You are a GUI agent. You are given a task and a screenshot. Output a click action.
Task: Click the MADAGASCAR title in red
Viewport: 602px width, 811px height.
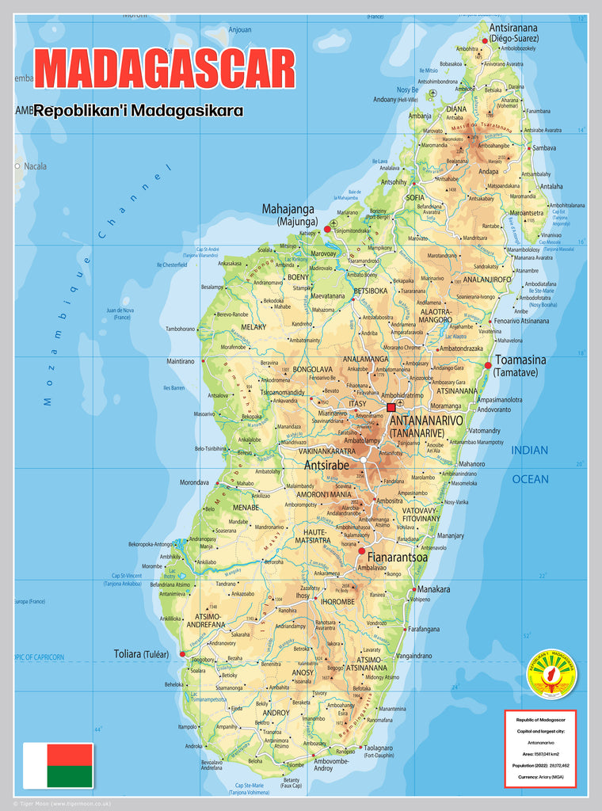[165, 69]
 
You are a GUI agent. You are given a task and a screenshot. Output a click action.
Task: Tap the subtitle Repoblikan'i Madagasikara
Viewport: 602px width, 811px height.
[139, 111]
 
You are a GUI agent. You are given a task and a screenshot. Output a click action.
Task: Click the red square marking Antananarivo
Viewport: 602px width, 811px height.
[391, 408]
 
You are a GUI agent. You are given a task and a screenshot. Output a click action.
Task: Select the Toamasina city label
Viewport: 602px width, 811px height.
[520, 360]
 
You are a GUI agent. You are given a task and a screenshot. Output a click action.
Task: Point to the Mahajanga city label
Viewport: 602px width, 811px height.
[289, 210]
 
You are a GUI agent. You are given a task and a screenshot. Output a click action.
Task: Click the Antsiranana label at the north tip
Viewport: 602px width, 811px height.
[513, 27]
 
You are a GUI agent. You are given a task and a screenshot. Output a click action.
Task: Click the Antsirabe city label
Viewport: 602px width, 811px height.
[326, 466]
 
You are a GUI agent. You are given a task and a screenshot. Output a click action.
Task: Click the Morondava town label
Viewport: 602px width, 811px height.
[194, 482]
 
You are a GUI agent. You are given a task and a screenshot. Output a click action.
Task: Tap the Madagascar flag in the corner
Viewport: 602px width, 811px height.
[58, 765]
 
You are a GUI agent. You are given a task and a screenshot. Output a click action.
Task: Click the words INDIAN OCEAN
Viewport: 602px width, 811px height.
[530, 464]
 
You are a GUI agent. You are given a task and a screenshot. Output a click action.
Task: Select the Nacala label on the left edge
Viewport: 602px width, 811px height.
[35, 166]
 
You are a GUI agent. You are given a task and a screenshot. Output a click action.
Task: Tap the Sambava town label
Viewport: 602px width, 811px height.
[543, 148]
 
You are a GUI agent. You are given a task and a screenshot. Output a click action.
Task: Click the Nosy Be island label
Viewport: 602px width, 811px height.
[407, 89]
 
